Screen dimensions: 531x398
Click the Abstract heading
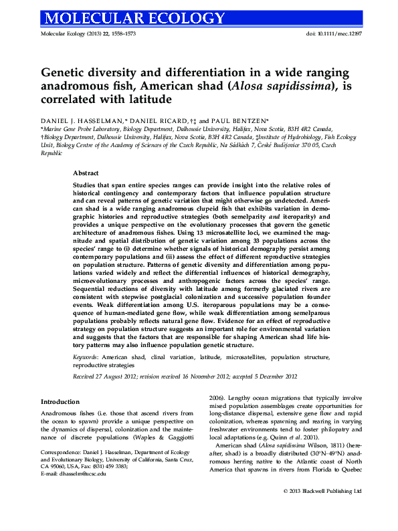point(86,172)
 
